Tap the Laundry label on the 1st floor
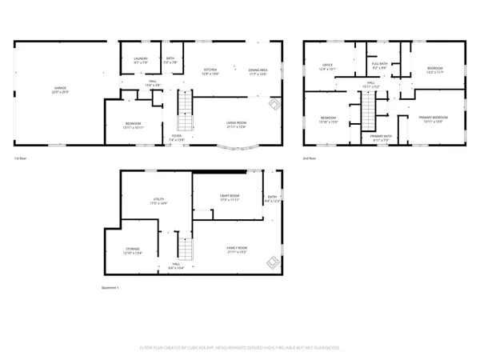pos(140,60)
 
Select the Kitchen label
pos(211,71)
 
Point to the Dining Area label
pos(258,71)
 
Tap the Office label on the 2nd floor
pos(327,66)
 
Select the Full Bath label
pos(379,65)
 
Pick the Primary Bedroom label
pos(433,119)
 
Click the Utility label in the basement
pos(158,201)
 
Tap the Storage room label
pos(133,251)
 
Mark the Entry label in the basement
pos(274,198)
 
